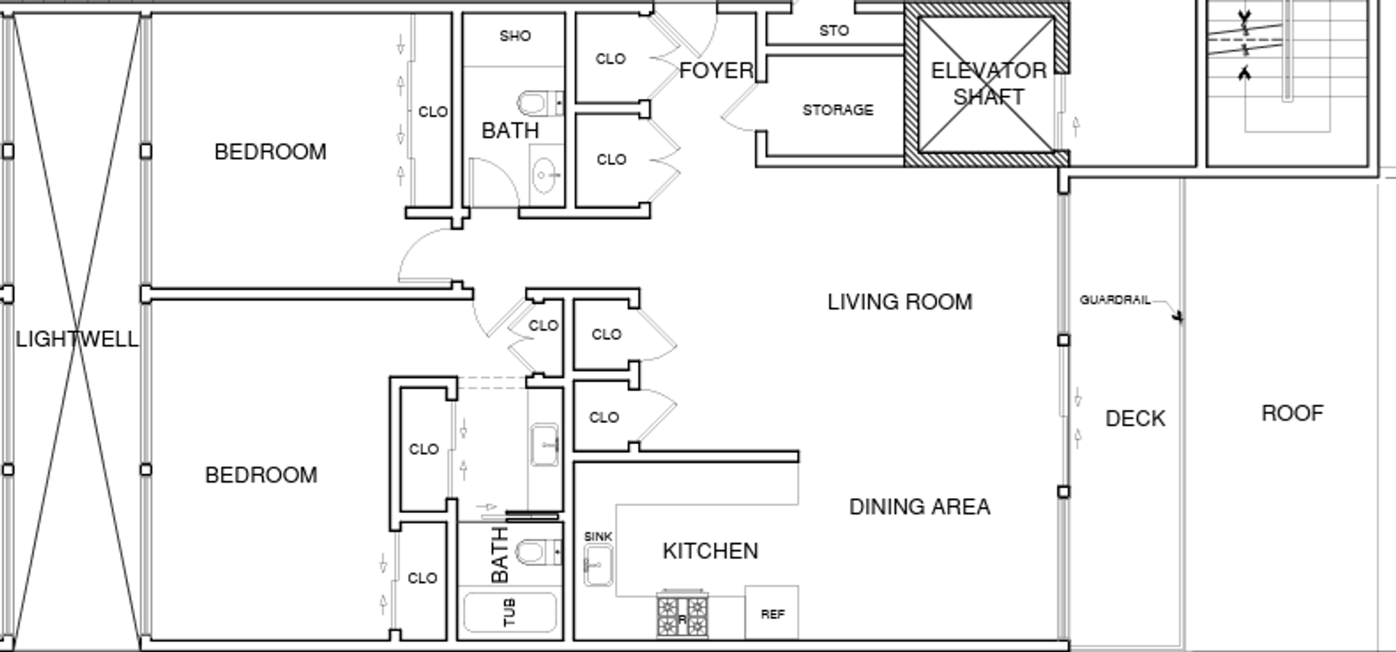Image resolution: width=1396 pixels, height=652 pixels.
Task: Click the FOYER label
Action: click(x=716, y=71)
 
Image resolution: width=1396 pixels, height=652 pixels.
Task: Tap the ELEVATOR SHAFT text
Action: click(x=989, y=84)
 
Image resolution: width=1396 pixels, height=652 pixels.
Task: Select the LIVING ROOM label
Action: click(x=900, y=302)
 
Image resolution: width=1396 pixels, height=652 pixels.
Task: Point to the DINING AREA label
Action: click(x=920, y=507)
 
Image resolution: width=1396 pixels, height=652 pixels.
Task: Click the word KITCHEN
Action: click(x=710, y=551)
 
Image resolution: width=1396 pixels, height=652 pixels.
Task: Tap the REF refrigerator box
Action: click(x=771, y=612)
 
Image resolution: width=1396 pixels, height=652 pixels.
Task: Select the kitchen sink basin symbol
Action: click(x=598, y=566)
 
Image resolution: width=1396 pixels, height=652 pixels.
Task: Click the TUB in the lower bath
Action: click(x=509, y=613)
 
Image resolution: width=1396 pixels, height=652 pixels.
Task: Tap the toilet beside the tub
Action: click(x=539, y=552)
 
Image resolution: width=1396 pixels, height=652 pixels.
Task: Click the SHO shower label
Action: click(x=515, y=36)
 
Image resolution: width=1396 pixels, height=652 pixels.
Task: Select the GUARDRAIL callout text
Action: click(x=1115, y=299)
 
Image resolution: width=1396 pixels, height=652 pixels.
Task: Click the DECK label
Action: click(x=1135, y=419)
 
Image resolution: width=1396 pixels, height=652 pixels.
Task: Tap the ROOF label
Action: click(x=1292, y=414)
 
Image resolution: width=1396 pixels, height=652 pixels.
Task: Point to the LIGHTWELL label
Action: click(x=77, y=339)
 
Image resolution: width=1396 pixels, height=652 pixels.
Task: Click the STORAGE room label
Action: click(x=838, y=110)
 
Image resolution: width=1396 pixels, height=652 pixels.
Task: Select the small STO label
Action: click(x=833, y=31)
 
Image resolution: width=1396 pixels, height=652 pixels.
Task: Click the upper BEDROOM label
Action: click(x=270, y=152)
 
